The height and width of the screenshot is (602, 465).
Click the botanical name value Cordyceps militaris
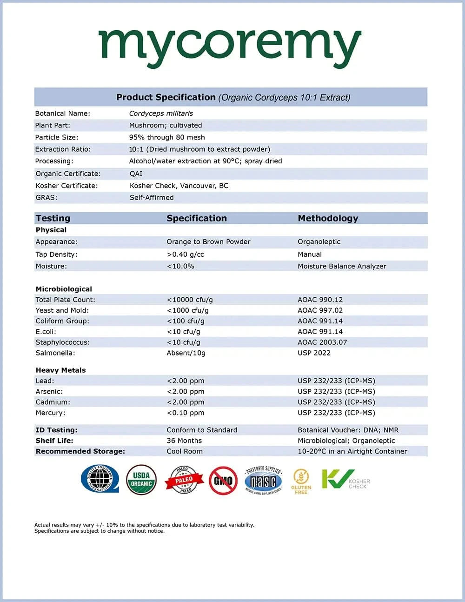coord(161,114)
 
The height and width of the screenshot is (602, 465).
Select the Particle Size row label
coord(57,137)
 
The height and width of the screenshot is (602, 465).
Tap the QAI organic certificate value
coord(136,174)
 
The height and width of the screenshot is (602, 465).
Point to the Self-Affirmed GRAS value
coord(152,197)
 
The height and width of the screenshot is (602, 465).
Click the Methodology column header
coord(328,218)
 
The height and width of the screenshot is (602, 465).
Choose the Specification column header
coord(197,218)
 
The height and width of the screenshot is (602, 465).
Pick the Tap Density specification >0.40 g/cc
coord(185,254)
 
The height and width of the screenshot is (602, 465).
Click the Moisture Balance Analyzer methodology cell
coord(342,266)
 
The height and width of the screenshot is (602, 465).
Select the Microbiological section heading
coord(64,289)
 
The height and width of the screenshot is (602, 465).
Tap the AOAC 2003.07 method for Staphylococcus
coord(322,342)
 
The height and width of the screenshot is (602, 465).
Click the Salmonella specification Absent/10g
coord(186,353)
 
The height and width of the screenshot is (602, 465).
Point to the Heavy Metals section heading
coord(60,370)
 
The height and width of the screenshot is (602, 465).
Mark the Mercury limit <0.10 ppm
coord(186,413)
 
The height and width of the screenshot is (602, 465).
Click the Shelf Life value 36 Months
coord(184,441)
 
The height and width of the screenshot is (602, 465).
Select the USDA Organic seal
coord(141,479)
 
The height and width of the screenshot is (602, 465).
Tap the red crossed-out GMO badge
coord(223,481)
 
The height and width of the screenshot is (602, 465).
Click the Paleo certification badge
coord(184,480)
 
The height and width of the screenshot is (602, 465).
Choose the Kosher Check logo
coord(345,480)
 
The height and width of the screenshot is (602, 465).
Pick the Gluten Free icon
coord(301,481)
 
